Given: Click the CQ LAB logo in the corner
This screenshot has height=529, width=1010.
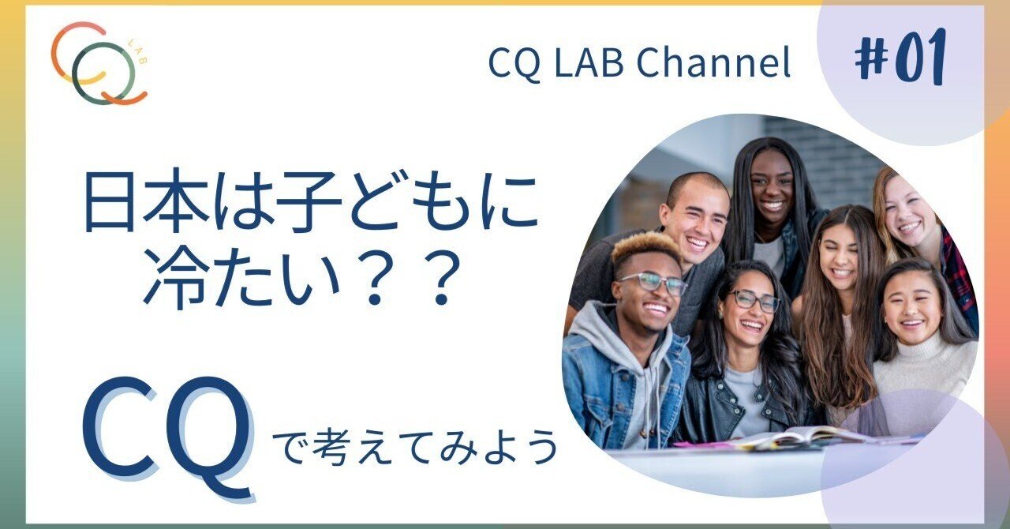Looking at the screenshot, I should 99,63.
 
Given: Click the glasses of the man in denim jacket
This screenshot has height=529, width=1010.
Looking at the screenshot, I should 653,282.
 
